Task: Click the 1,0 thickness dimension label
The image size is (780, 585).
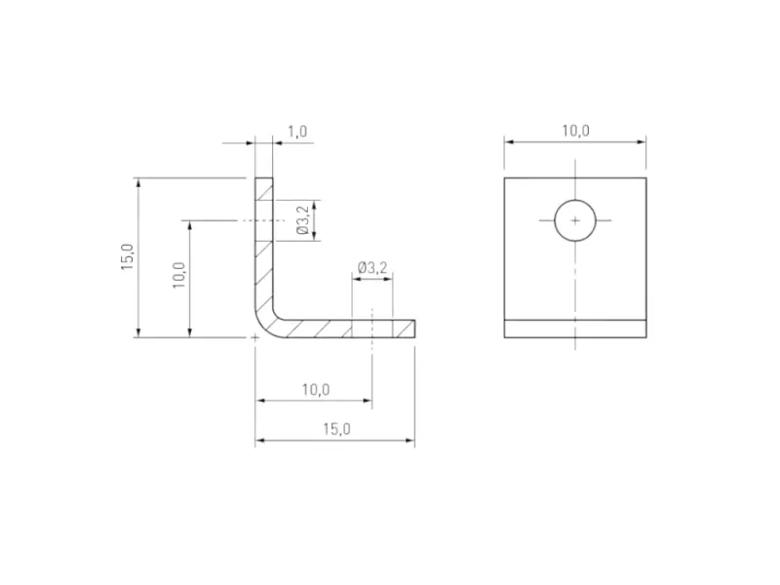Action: [x=297, y=131]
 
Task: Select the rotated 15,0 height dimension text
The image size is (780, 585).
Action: [x=127, y=258]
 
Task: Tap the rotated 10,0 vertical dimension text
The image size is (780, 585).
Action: [x=178, y=279]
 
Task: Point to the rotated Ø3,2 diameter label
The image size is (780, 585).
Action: [x=303, y=221]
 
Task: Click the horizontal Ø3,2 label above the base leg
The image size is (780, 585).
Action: [x=372, y=267]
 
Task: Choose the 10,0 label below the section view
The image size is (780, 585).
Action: [x=314, y=389]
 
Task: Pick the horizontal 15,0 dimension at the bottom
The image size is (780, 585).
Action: [x=334, y=428]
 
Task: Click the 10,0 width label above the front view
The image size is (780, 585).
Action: [x=574, y=131]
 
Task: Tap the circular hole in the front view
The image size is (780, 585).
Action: [x=575, y=221]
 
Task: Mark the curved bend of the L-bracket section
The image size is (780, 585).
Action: [x=265, y=324]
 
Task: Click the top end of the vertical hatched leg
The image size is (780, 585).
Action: [x=264, y=180]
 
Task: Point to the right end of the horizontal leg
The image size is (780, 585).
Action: [x=413, y=329]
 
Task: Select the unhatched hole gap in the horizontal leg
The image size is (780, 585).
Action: [x=372, y=329]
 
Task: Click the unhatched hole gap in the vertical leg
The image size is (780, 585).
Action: [x=264, y=221]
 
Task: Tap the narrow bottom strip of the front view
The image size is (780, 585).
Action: [x=574, y=329]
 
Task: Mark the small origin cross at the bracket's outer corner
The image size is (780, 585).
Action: [x=255, y=338]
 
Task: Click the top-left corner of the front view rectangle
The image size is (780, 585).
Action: [x=504, y=178]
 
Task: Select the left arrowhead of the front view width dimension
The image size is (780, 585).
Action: [x=508, y=142]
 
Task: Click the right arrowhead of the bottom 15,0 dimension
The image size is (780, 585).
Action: [x=410, y=442]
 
